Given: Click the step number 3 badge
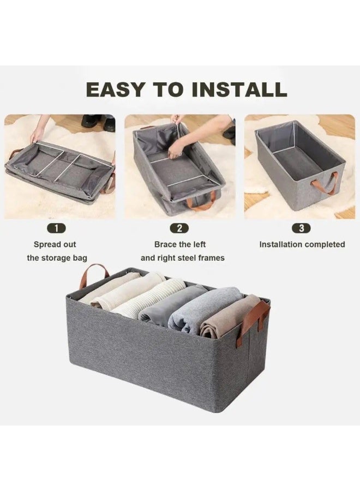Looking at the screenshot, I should [302, 229].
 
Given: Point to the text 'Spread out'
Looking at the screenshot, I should [55, 244].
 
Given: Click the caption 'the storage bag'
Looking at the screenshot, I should [57, 258].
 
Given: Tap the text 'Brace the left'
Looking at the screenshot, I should [180, 244].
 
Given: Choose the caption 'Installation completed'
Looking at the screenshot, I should [302, 244].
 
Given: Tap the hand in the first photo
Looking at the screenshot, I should [37, 134].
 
